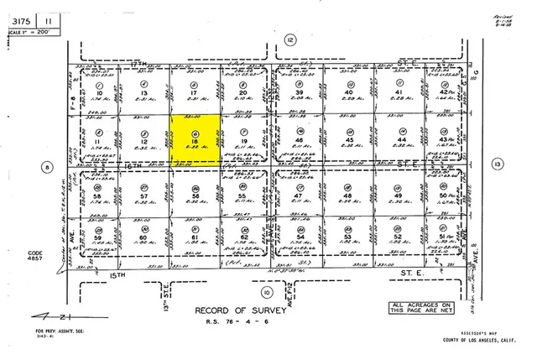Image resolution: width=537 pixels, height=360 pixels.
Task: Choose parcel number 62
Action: coord(243,237)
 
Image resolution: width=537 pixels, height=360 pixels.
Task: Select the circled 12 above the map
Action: coord(290,39)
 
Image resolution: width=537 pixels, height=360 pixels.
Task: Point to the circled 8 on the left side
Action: coord(47,167)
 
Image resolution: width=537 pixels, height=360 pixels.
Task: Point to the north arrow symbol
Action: coord(31,317)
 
